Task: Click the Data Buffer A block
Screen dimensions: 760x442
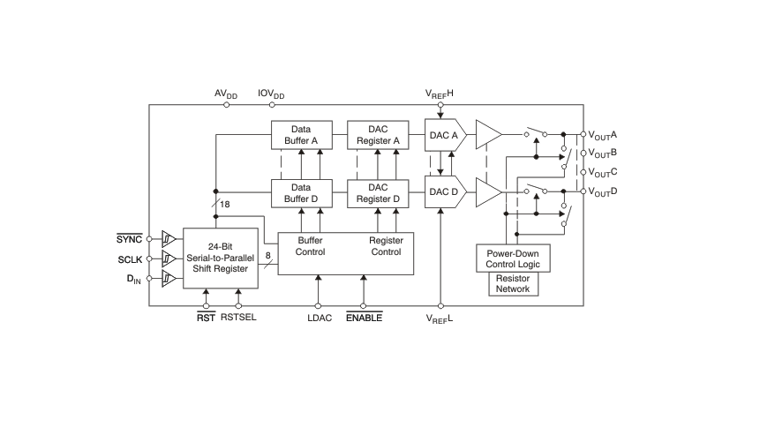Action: [x=302, y=135]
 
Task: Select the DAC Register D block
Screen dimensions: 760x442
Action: [x=378, y=193]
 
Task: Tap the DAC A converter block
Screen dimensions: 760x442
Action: [x=446, y=135]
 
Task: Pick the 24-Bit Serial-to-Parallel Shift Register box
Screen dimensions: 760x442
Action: [x=221, y=258]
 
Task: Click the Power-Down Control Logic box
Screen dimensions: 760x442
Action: [x=513, y=258]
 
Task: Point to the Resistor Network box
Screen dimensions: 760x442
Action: [x=513, y=284]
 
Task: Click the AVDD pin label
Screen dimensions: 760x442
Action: [x=226, y=94]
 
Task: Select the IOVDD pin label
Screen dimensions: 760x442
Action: [x=271, y=94]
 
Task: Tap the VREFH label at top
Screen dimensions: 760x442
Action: [x=439, y=94]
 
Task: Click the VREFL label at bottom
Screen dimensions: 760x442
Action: [x=439, y=318]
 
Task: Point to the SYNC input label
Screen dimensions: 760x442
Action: [x=130, y=239]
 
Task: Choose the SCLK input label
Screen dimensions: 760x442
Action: [x=130, y=259]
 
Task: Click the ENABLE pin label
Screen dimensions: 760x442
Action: [x=364, y=318]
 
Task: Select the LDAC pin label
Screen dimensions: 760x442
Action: [x=320, y=318]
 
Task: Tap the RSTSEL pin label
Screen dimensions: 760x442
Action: [x=238, y=318]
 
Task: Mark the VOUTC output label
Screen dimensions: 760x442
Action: [x=603, y=173]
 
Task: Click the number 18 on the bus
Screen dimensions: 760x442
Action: [x=224, y=205]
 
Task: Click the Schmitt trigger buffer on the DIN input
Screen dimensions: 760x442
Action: [x=169, y=279]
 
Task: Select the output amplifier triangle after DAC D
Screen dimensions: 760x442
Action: [x=489, y=192]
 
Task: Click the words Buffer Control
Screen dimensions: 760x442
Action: [x=310, y=246]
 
